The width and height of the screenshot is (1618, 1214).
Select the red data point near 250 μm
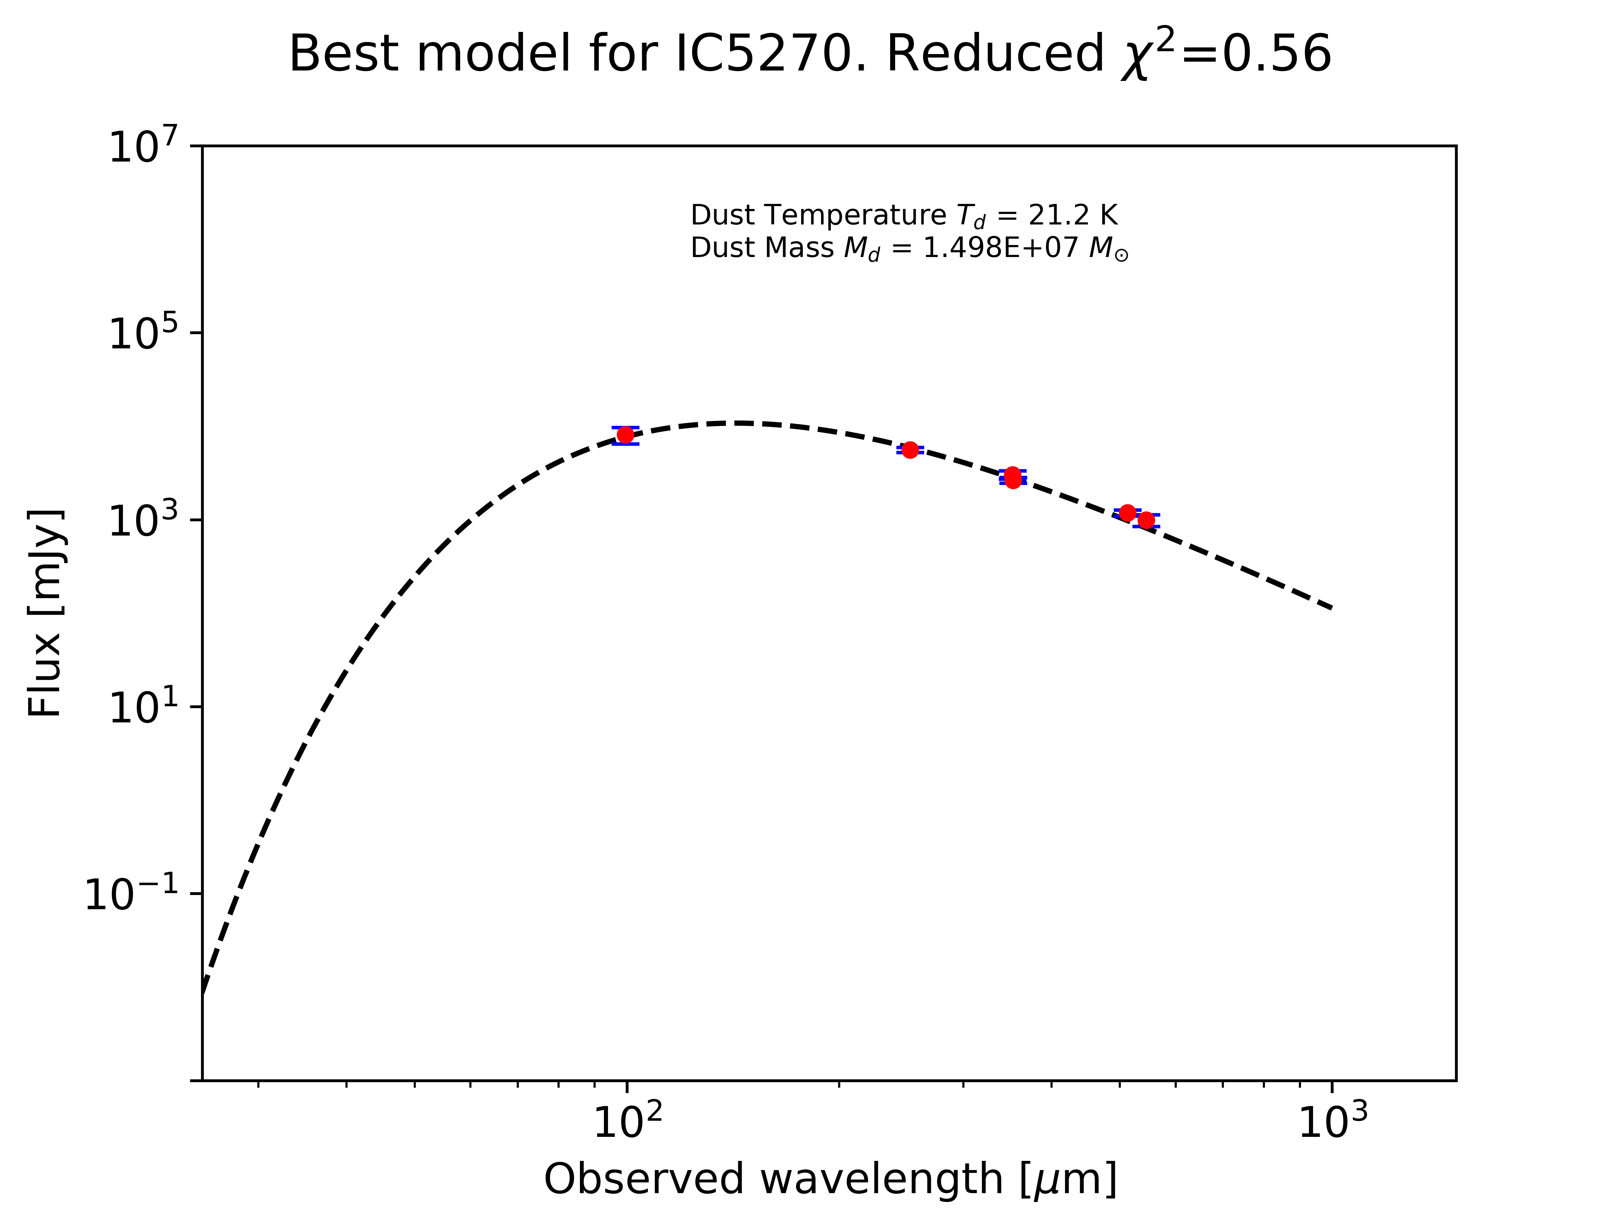coord(910,450)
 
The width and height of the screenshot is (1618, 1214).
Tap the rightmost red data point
coord(1146,520)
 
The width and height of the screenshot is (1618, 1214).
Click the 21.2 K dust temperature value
coord(1072,215)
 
